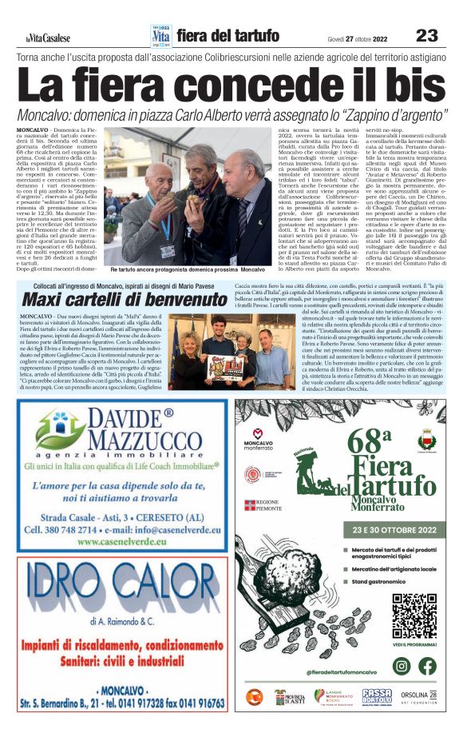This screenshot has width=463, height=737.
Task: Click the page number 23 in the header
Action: [427, 35]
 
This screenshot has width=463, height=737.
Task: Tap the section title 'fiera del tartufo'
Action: [228, 36]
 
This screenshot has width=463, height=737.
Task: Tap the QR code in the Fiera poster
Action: [414, 615]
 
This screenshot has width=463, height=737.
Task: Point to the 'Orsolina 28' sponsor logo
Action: [422, 696]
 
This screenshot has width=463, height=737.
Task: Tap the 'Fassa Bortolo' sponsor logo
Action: [377, 696]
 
